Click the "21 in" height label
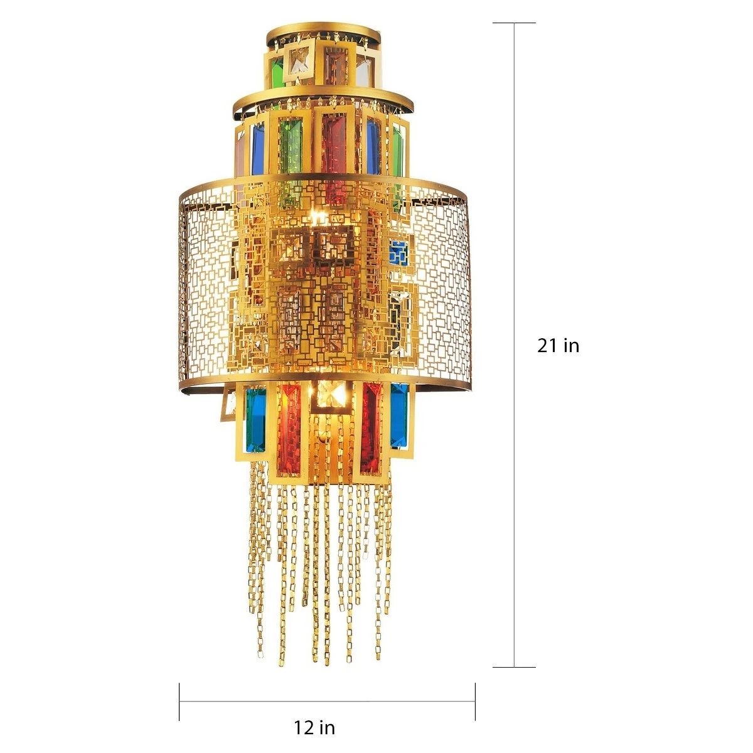(558, 345)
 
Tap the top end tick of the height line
(514, 23)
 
